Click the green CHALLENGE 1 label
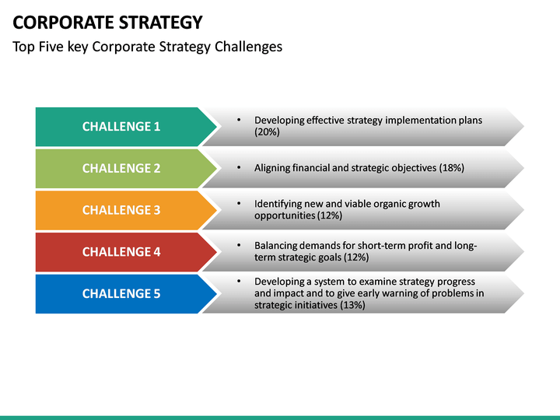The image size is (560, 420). point(121,127)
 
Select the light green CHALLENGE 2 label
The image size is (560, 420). point(121,168)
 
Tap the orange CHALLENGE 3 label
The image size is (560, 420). point(121,210)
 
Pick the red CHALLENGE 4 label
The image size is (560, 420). point(121,252)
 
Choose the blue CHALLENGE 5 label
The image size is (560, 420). point(121,293)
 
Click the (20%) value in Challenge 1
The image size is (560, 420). point(267,132)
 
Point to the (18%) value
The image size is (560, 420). point(451,168)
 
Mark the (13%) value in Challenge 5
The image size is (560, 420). point(352,305)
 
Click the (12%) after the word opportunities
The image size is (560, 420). point(329,215)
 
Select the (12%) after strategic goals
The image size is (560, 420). point(356,257)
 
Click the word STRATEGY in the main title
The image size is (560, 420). point(161,22)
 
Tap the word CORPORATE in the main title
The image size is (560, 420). point(64,22)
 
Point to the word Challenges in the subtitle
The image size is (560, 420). point(249,47)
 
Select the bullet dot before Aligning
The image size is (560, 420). point(239,167)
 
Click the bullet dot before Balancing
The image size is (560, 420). point(239,245)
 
